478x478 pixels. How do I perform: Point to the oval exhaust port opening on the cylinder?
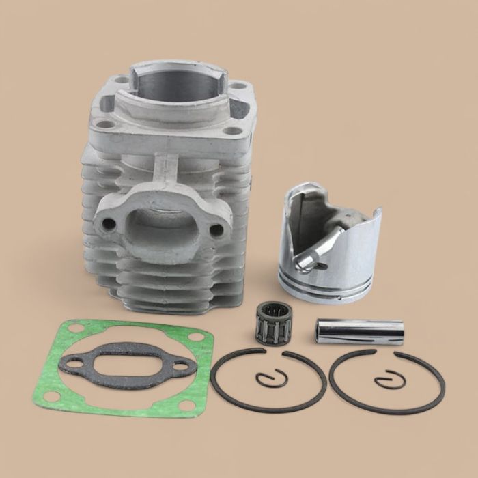click(155, 221)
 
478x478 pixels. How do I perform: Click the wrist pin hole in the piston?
click(306, 256)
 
